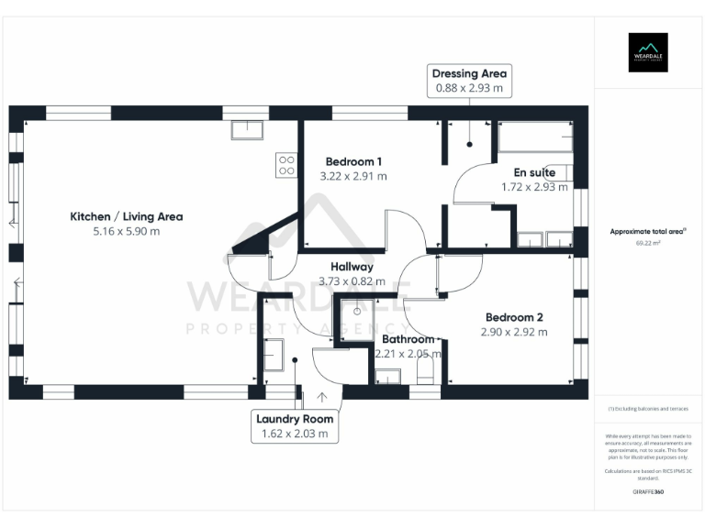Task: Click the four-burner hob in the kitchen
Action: click(x=286, y=165)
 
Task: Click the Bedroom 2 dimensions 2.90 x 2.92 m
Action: click(x=513, y=332)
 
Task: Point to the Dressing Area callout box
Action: click(x=469, y=81)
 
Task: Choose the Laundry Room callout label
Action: click(x=295, y=426)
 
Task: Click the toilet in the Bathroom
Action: click(x=425, y=371)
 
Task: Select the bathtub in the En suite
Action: click(x=535, y=138)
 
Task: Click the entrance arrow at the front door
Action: click(x=322, y=396)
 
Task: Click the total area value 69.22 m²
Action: click(x=648, y=244)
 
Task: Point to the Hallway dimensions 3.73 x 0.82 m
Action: click(x=352, y=281)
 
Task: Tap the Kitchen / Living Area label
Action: click(x=127, y=217)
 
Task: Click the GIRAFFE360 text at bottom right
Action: click(x=648, y=492)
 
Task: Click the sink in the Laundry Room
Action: click(x=273, y=354)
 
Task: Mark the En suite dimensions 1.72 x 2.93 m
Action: click(x=534, y=186)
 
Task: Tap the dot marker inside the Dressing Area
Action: click(x=469, y=144)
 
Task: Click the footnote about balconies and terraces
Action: click(x=648, y=409)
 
